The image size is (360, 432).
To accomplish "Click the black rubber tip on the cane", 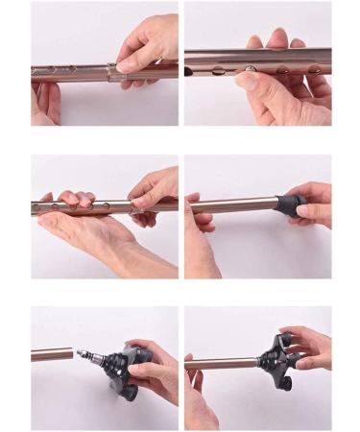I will coord(289,204).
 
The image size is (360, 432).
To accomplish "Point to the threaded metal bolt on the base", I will coord(88,355).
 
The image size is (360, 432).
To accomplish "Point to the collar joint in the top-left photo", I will coord(113,70).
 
